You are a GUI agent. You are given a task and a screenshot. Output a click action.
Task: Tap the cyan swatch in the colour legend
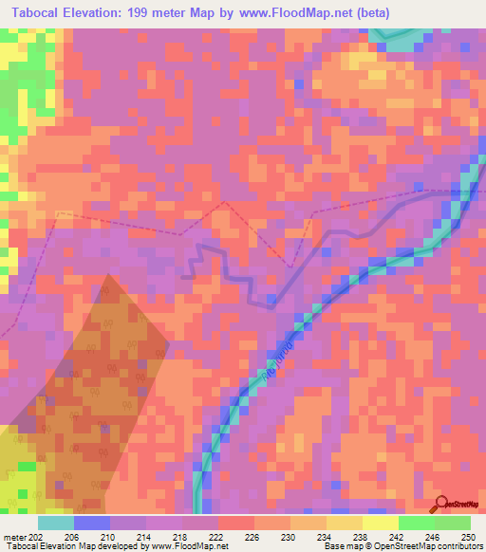pyautogui.click(x=56, y=523)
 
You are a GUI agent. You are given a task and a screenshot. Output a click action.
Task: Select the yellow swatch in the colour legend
pyautogui.click(x=381, y=523)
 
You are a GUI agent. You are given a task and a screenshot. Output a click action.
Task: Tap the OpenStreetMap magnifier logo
pyautogui.click(x=443, y=504)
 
